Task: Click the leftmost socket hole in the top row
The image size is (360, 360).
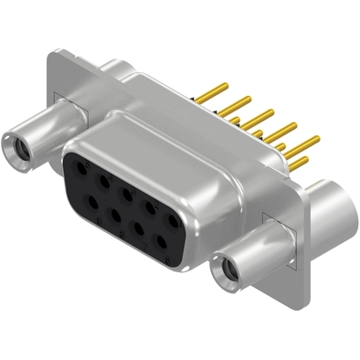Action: click(80, 168)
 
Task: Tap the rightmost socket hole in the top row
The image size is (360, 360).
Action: click(172, 219)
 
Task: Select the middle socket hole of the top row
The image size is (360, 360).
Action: click(126, 194)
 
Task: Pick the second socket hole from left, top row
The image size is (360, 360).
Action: click(103, 181)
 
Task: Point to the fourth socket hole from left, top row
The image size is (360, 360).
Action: click(149, 207)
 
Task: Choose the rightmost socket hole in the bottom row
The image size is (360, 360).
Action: click(163, 241)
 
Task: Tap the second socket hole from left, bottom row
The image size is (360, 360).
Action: click(116, 215)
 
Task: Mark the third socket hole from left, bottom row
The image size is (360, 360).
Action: click(140, 228)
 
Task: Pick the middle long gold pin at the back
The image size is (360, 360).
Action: click(264, 116)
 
